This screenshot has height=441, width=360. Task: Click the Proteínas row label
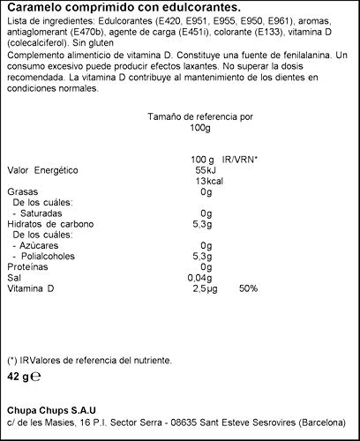click(x=27, y=265)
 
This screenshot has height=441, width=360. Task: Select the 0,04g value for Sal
click(x=201, y=277)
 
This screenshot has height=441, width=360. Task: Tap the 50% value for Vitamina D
click(x=247, y=289)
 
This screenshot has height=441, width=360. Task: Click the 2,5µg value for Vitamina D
click(x=202, y=289)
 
